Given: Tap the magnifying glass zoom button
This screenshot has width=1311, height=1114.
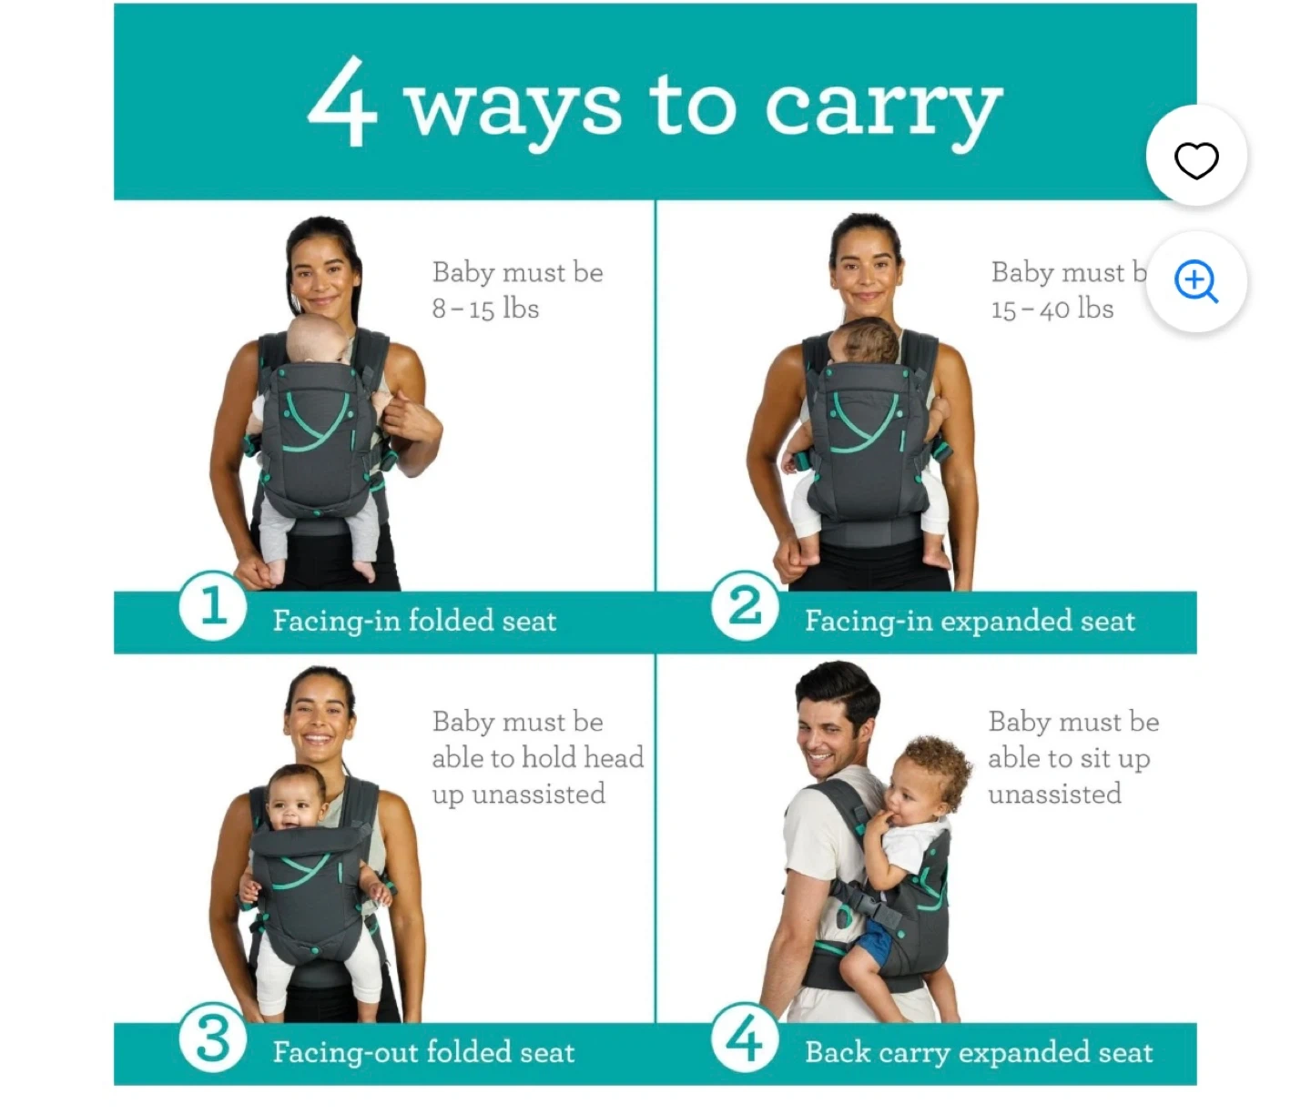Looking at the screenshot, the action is tap(1196, 281).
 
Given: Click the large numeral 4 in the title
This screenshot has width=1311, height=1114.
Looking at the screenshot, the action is tap(342, 101).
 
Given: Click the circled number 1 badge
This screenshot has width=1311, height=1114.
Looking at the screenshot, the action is tap(213, 605).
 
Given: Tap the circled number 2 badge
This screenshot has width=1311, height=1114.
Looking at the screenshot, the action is tap(745, 605).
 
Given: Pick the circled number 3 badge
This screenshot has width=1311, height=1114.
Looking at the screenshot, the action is tap(213, 1038).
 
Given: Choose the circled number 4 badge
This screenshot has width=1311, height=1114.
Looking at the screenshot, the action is tap(745, 1038).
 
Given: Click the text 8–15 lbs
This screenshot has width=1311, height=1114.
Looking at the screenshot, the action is tap(486, 309).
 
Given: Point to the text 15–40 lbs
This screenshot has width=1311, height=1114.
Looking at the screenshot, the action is tap(1052, 309).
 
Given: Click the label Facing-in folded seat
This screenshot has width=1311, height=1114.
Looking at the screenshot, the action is tap(415, 621).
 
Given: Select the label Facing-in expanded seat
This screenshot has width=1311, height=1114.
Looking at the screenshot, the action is tap(971, 621).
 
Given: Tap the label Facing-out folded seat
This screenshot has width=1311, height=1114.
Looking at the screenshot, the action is tap(423, 1052).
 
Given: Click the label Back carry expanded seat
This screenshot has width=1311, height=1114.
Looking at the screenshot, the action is tap(980, 1052).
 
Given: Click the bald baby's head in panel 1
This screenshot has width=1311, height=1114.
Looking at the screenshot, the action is tap(315, 339).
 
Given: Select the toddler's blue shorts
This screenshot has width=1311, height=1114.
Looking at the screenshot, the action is tap(873, 939).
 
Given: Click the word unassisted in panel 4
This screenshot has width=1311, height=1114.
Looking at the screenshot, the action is tap(1055, 794).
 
